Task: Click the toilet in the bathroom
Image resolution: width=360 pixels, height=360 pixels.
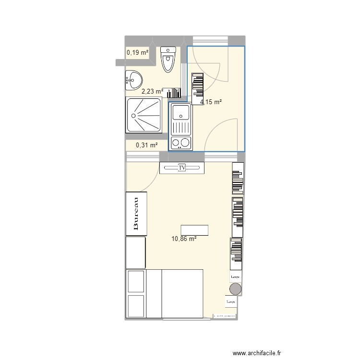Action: (168, 60)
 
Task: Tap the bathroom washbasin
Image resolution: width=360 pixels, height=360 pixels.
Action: (133, 80)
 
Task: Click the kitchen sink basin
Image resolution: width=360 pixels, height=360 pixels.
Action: (181, 113)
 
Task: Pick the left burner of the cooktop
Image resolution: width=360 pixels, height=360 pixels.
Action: (175, 143)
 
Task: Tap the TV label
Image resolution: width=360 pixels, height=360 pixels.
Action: (182, 168)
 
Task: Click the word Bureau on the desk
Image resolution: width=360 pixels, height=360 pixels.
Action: (136, 214)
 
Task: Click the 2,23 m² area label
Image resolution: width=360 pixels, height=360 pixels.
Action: (152, 90)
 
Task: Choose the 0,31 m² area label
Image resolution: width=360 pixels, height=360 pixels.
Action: (147, 145)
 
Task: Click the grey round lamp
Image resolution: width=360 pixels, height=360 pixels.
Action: (235, 289)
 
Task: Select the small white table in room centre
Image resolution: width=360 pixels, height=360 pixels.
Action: (194, 230)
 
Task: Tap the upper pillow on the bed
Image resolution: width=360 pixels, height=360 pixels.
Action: (136, 281)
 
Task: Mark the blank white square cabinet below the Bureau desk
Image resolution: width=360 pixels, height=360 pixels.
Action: (135, 252)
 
